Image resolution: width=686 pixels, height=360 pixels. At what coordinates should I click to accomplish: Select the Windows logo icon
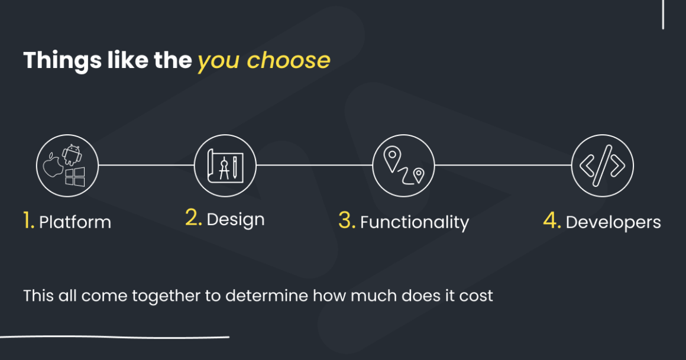pyautogui.click(x=75, y=176)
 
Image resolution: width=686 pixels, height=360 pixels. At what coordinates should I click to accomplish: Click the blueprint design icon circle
pyautogui.click(x=225, y=166)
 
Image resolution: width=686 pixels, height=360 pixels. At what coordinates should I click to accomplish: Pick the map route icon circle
pyautogui.click(x=403, y=166)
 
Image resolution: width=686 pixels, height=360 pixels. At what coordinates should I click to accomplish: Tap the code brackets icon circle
pyautogui.click(x=602, y=166)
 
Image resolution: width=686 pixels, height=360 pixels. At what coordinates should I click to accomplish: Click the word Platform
pyautogui.click(x=75, y=222)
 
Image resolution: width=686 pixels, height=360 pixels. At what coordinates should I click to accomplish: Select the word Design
pyautogui.click(x=235, y=219)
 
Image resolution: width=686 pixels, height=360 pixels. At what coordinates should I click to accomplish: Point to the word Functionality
pyautogui.click(x=414, y=222)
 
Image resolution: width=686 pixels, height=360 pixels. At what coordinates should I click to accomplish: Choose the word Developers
pyautogui.click(x=613, y=222)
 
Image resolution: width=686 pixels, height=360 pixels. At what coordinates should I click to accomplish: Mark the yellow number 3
pyautogui.click(x=347, y=220)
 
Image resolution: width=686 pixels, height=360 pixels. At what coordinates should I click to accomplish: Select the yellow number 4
pyautogui.click(x=551, y=220)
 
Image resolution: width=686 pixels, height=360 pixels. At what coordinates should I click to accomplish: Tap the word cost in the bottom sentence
pyautogui.click(x=476, y=295)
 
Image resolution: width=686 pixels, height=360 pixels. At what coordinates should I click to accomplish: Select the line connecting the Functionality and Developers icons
pyautogui.click(x=503, y=166)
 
